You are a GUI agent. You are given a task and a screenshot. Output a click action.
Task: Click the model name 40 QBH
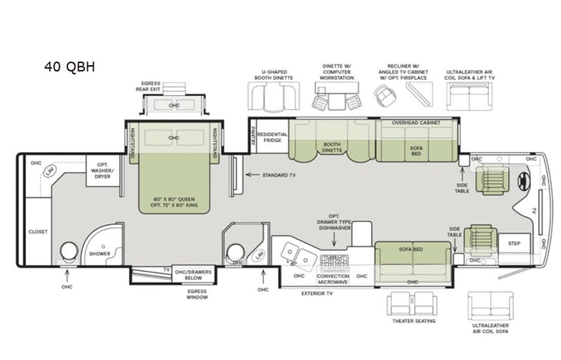pos(69,66)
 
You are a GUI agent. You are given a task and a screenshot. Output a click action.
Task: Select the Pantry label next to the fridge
pos(252,135)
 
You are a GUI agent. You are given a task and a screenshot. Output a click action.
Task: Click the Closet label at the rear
pos(38,231)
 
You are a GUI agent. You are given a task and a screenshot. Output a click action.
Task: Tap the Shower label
pos(99,253)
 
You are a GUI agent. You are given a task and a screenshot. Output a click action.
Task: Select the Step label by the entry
pos(513,243)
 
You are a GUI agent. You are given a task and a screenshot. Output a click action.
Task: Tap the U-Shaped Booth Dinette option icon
pos(273,94)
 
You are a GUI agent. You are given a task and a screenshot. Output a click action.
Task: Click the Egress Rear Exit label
pos(150,85)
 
